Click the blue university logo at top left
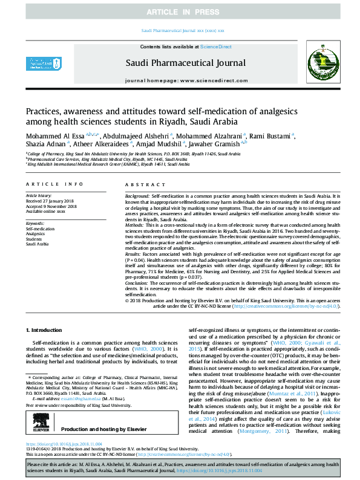pos(38,63)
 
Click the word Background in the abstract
pos(137,198)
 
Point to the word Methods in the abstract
pos(135,225)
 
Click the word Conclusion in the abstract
pos(136,283)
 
